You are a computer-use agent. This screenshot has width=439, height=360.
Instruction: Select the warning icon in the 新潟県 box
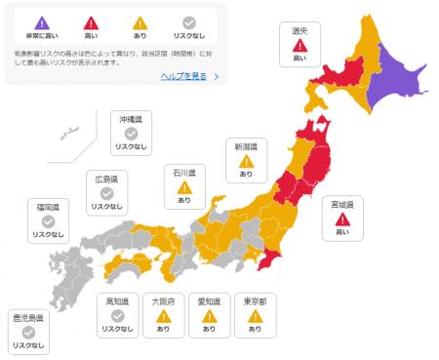245,161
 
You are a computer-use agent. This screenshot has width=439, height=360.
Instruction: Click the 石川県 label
184,173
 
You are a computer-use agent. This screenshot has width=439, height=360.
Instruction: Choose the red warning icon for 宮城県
341,220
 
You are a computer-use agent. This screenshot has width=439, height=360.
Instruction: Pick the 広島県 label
107,180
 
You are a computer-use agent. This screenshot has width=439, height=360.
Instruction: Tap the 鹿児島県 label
27,318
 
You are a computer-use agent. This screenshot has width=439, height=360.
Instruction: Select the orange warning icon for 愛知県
209,316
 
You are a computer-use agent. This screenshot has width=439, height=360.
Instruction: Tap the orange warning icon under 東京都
256,316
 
